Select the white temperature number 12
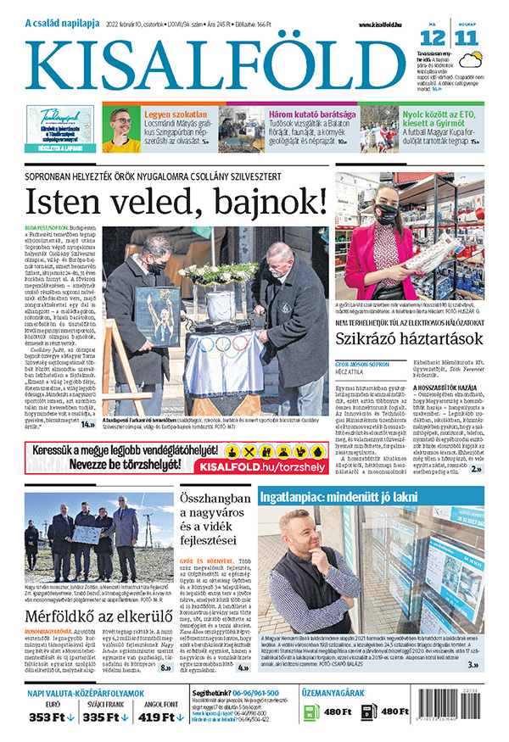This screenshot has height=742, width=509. (432, 37)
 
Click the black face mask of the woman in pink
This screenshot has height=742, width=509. (385, 215)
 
